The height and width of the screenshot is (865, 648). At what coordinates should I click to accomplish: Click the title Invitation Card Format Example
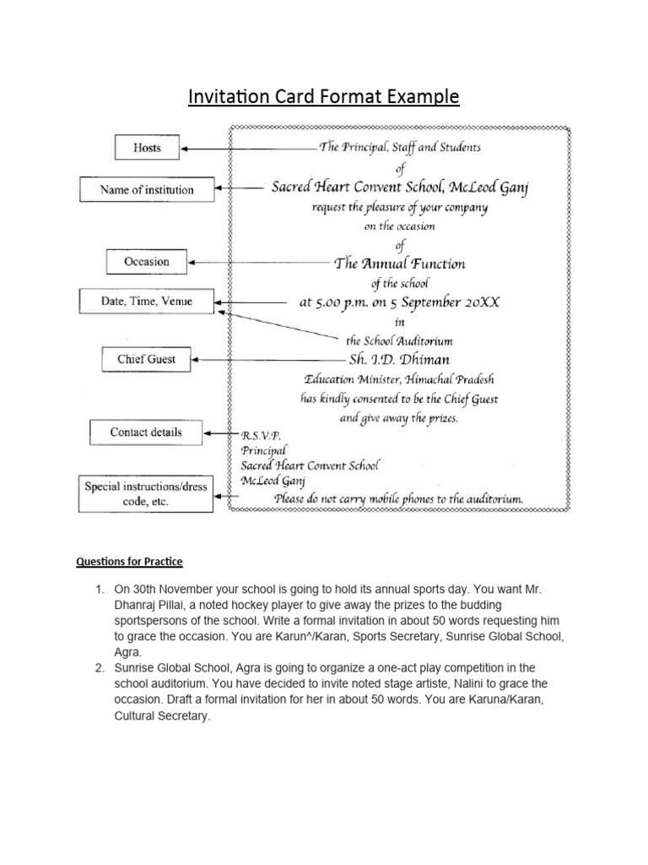click(x=323, y=97)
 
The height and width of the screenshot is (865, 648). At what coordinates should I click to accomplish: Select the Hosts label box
click(x=147, y=149)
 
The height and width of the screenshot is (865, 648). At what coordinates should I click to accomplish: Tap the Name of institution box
click(x=147, y=190)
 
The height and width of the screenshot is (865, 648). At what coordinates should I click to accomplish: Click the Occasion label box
click(x=146, y=262)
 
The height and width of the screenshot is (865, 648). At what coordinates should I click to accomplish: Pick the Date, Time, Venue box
click(x=146, y=301)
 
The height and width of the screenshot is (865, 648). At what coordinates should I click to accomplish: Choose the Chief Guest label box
click(x=146, y=360)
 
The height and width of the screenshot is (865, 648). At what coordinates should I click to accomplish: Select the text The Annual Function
click(x=399, y=263)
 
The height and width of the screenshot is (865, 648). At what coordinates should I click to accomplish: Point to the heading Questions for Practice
click(x=129, y=562)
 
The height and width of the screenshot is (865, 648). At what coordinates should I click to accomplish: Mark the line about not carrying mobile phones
click(x=399, y=498)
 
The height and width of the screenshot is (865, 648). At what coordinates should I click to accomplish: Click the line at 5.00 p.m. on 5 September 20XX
click(x=399, y=302)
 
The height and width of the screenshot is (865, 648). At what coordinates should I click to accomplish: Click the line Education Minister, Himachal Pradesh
click(x=399, y=379)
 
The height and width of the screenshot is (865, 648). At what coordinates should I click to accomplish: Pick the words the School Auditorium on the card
click(x=399, y=340)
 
